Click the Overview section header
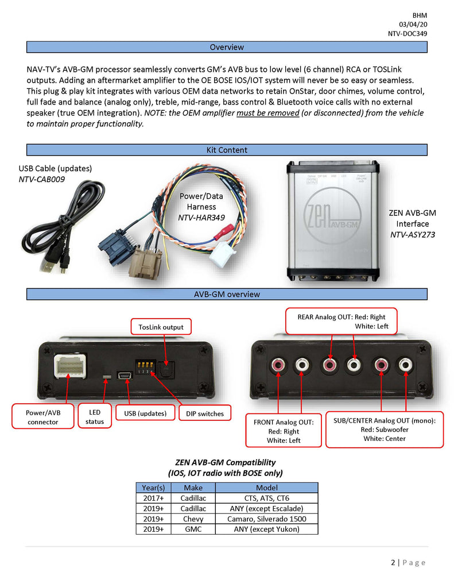(227, 47)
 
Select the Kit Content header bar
(227, 150)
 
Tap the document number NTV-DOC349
(407, 34)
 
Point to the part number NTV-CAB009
(40, 179)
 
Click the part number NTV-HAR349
(201, 218)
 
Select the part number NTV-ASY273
(412, 234)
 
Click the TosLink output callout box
(161, 327)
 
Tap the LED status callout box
(95, 417)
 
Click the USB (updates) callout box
(145, 413)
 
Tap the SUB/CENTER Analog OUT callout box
(384, 429)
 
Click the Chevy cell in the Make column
(193, 519)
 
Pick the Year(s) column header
(153, 488)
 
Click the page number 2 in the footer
(393, 563)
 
